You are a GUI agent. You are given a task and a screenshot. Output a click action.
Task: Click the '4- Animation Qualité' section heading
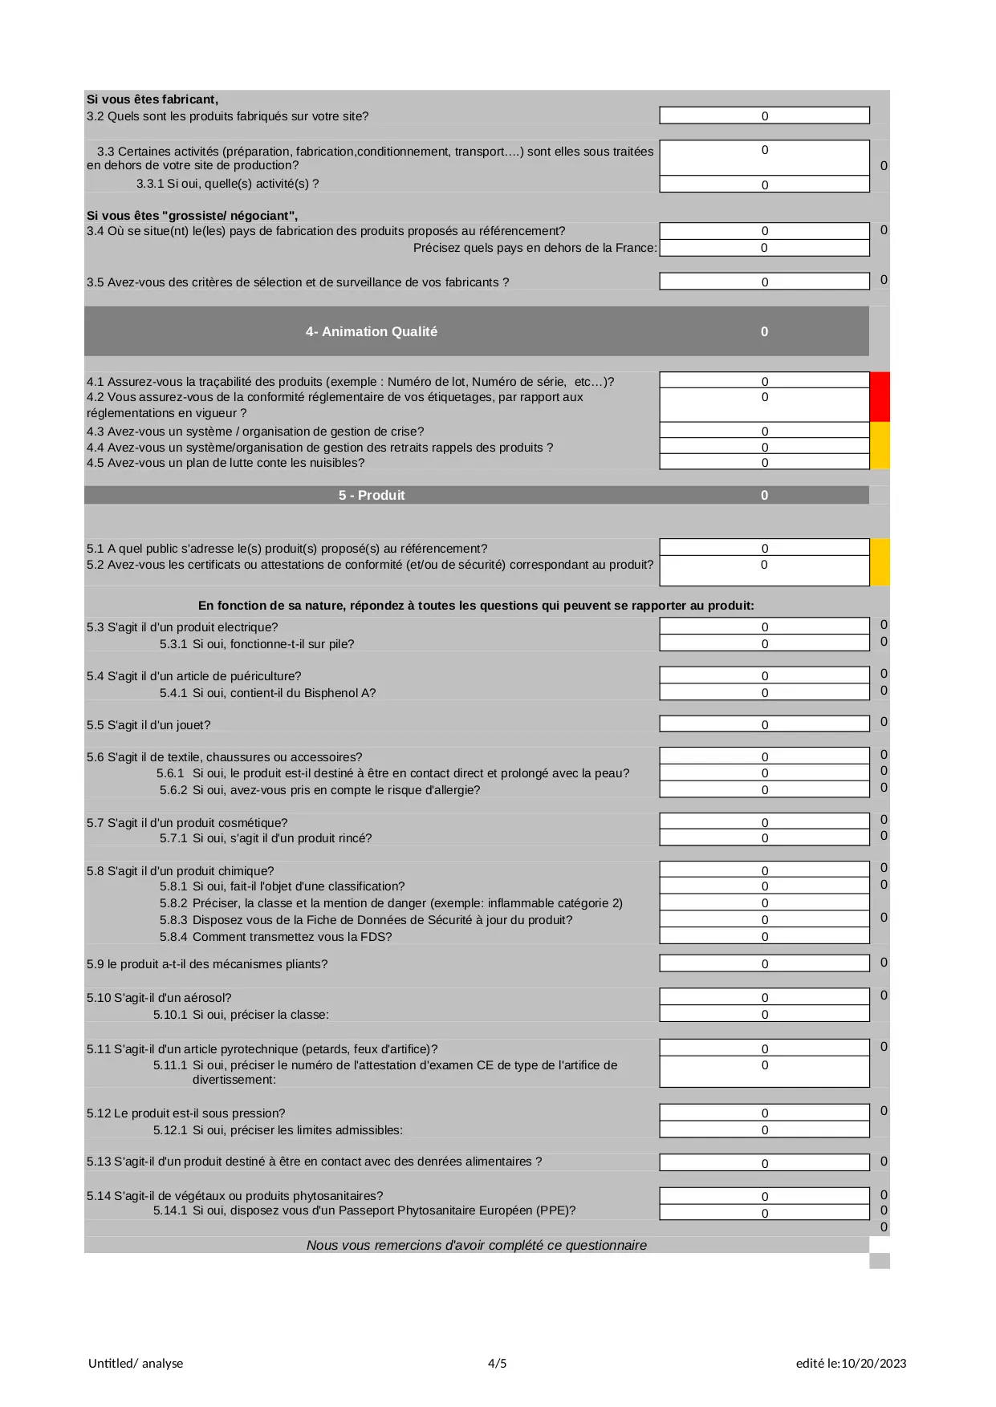coord(372,332)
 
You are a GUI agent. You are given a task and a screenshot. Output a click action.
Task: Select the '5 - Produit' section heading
coord(372,496)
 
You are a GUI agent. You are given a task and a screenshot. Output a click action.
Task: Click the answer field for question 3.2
coord(764,116)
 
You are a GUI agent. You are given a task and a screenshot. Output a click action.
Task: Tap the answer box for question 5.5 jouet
coord(764,724)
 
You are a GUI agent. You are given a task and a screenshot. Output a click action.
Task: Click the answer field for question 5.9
coord(764,963)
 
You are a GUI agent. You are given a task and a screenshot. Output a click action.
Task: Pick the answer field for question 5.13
coord(764,1162)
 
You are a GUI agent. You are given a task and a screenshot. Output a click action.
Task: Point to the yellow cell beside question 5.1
coord(880,562)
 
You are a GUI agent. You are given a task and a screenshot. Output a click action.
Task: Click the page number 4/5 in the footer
coord(497,1363)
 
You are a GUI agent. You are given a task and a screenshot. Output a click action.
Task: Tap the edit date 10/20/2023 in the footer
coord(873,1363)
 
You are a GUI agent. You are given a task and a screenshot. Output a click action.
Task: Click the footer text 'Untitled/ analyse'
coord(136,1363)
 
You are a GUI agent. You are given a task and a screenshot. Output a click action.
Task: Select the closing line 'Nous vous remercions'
coord(476,1245)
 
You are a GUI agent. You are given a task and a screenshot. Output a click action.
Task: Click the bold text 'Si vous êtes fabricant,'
coord(152,99)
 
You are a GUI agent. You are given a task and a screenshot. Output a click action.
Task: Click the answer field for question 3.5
coord(764,282)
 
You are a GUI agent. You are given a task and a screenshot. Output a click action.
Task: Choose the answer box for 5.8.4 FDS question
coord(764,936)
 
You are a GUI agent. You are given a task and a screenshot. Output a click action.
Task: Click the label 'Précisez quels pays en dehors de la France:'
coord(535,248)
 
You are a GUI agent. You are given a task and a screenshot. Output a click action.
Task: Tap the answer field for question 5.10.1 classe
coord(764,1014)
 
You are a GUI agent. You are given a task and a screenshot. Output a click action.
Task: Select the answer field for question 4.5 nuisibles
coord(764,462)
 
